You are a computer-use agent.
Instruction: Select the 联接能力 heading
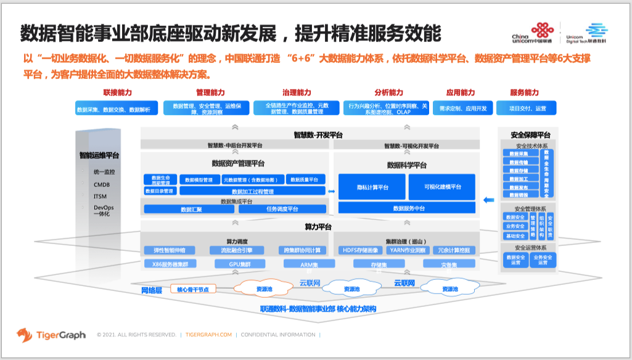click(117, 92)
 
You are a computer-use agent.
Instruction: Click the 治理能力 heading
click(297, 92)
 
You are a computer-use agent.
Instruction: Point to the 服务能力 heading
click(524, 92)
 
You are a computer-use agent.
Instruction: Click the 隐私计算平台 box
click(372, 187)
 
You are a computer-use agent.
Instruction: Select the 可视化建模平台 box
click(443, 187)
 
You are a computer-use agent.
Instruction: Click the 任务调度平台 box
click(282, 209)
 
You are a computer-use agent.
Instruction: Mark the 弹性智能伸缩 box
click(174, 250)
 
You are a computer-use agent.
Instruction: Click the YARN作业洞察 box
click(408, 250)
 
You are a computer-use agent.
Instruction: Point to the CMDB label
click(102, 184)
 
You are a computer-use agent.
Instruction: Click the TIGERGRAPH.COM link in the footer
click(208, 335)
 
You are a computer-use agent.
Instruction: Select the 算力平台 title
click(318, 226)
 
